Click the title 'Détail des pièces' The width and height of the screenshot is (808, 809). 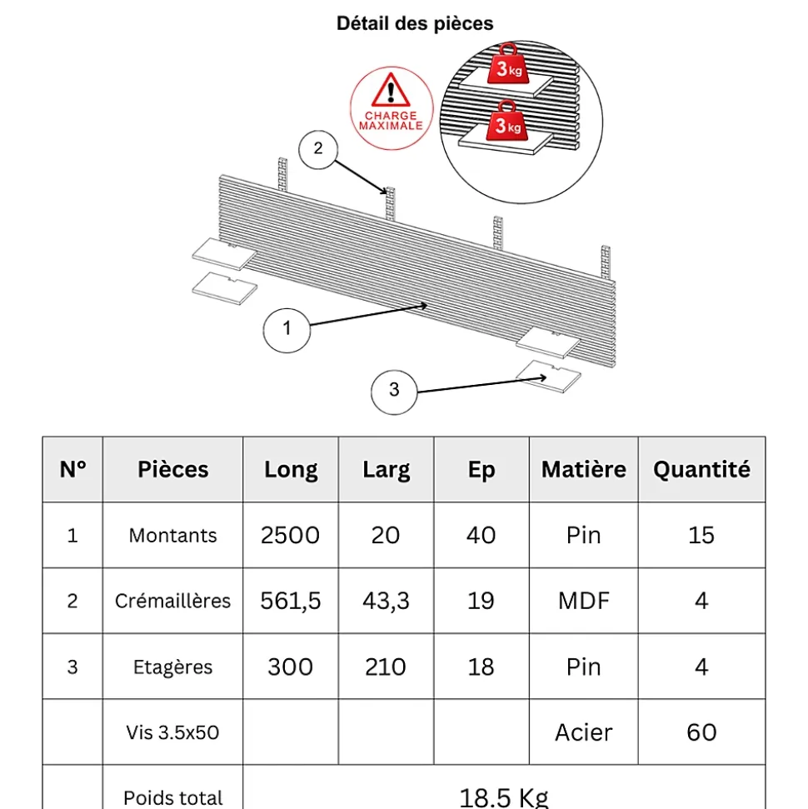[x=415, y=23]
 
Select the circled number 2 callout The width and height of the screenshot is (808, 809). [x=318, y=150]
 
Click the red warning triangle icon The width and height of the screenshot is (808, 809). [x=391, y=90]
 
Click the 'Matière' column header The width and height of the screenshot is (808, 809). [x=584, y=470]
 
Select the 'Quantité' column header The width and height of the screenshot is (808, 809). [x=701, y=470]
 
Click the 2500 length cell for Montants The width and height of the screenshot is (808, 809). [x=290, y=535]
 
